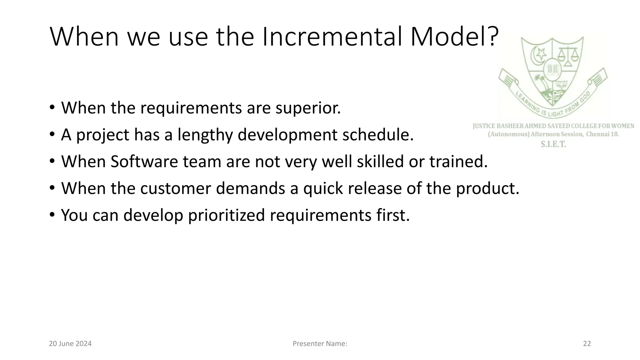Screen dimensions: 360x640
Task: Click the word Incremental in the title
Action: click(332, 37)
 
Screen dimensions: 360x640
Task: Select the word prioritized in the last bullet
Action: click(226, 215)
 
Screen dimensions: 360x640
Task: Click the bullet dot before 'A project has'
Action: click(52, 135)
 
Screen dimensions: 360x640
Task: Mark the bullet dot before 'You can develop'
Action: click(52, 216)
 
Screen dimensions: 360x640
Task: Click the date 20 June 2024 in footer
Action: click(70, 344)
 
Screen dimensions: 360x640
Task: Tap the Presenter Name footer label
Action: click(320, 344)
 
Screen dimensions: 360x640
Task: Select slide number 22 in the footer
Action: click(587, 344)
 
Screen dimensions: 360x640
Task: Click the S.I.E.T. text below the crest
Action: click(553, 144)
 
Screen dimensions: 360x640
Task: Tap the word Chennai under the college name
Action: click(597, 134)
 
